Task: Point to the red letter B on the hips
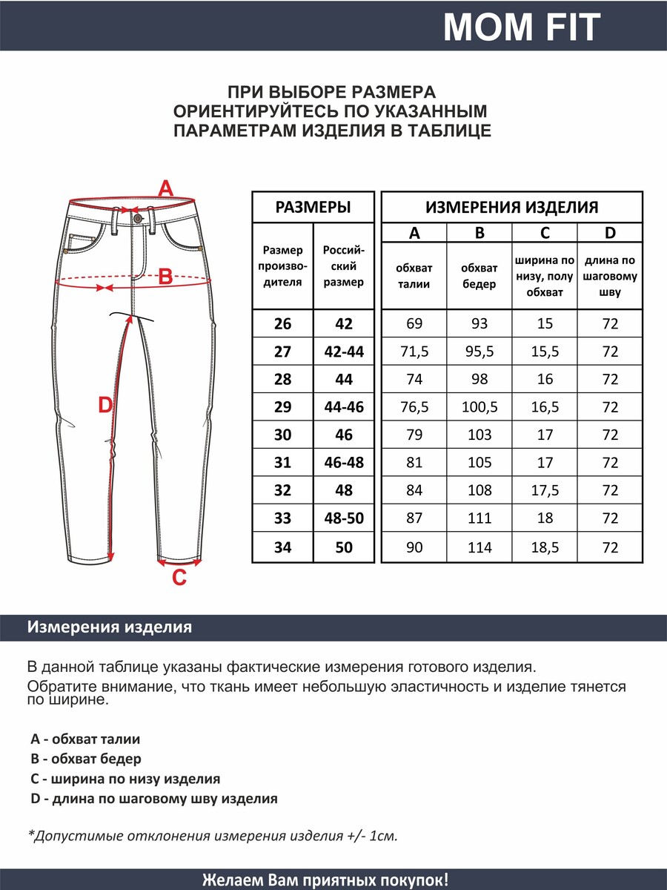click(165, 277)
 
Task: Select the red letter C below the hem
click(179, 578)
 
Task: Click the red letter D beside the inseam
click(105, 405)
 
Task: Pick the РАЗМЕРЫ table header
click(313, 207)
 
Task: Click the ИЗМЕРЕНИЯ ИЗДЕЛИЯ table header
click(511, 207)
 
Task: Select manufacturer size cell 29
click(282, 407)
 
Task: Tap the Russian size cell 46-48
click(343, 463)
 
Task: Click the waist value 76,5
click(414, 407)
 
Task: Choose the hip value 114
click(479, 547)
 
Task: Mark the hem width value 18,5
click(545, 547)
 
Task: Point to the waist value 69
click(414, 323)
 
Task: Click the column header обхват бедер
click(479, 276)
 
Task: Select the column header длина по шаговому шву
click(610, 276)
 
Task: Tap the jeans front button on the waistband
click(137, 217)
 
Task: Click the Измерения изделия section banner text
click(109, 627)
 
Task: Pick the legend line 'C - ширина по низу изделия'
click(125, 779)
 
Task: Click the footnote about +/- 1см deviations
click(213, 836)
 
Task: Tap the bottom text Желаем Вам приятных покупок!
click(325, 880)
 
